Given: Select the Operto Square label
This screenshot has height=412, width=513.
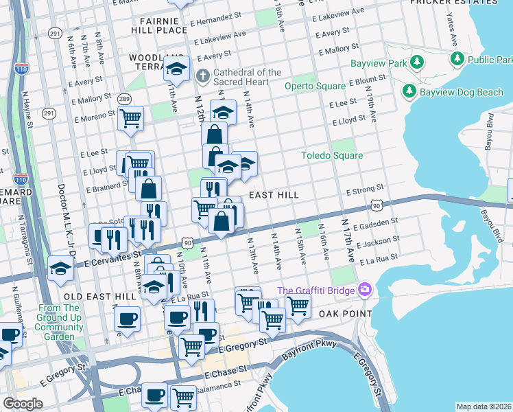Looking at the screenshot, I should click(315, 87).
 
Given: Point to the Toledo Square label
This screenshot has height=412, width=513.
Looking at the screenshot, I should click(332, 155).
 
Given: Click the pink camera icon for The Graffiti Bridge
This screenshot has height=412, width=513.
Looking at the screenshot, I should click(364, 290).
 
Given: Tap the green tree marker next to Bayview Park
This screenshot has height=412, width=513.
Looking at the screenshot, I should click(416, 63).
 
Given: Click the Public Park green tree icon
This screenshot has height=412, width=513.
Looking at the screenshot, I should click(457, 60).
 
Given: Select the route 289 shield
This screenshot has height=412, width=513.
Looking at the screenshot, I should click(124, 100).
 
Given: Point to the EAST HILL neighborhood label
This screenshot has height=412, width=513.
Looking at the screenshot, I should click(273, 196).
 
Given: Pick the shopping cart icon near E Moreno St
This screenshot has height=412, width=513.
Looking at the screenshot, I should click(130, 118).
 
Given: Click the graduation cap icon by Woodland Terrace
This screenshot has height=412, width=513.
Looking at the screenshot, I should click(176, 68).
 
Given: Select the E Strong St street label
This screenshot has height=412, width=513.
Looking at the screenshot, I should click(364, 190).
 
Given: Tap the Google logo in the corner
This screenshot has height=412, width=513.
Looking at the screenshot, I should click(23, 403).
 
